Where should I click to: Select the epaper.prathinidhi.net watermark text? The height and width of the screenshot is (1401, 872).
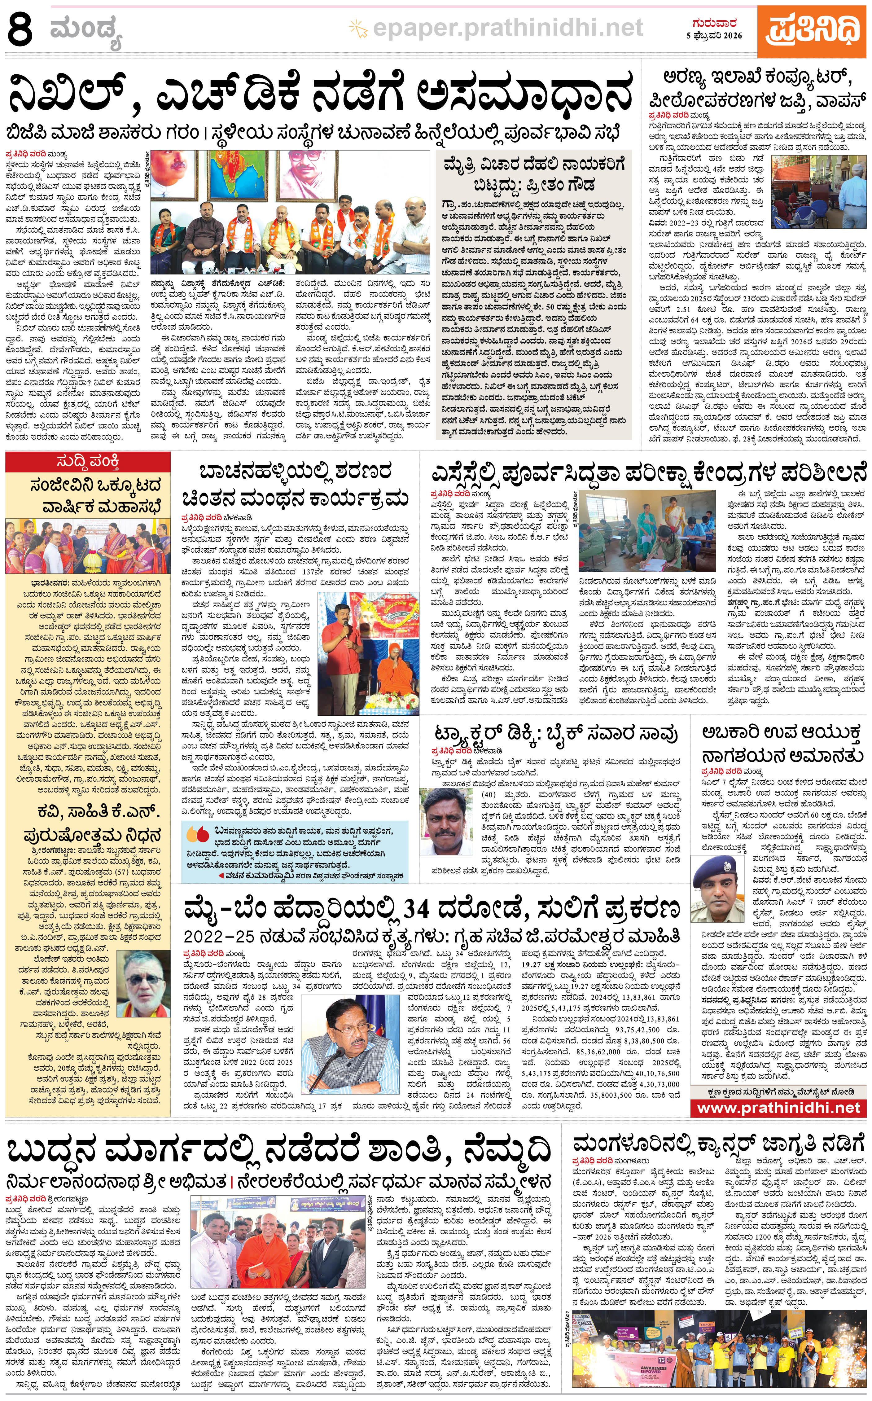507,27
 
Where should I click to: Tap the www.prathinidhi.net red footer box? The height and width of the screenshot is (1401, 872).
778,1107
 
